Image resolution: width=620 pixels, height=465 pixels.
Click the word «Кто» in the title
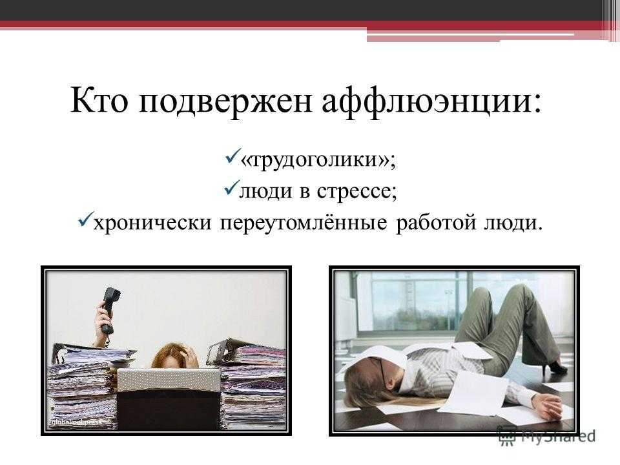[x=99, y=101]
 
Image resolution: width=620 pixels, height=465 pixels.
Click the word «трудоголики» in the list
[x=315, y=160]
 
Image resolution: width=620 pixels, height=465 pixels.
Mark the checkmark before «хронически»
[x=86, y=220]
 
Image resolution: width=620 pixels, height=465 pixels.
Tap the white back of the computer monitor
[x=169, y=380]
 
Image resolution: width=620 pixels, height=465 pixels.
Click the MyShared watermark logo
[x=546, y=436]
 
